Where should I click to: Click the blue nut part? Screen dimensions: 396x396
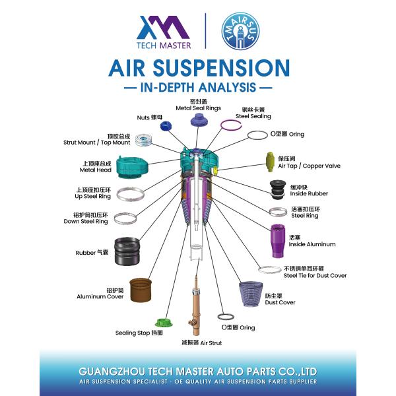pyautogui.click(x=166, y=125)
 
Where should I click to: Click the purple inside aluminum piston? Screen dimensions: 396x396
pyautogui.click(x=277, y=241)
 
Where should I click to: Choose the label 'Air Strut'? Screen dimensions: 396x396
pyautogui.click(x=211, y=343)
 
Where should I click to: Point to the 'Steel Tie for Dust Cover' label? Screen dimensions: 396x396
pyautogui.click(x=315, y=275)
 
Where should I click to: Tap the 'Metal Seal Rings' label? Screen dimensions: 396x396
pyautogui.click(x=198, y=108)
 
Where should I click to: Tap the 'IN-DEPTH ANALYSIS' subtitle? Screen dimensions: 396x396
pyautogui.click(x=198, y=88)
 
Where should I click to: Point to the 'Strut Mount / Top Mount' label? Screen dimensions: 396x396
pyautogui.click(x=96, y=142)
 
